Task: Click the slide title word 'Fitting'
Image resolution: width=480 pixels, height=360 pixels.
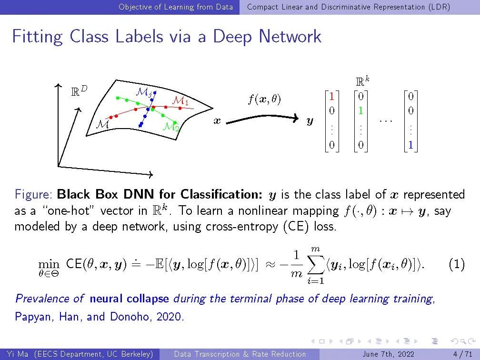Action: (37, 37)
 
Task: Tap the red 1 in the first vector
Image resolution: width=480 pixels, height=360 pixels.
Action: (332, 97)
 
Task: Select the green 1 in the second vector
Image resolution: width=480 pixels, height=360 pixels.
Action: (361, 110)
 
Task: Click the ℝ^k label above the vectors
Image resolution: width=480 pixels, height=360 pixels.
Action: (362, 81)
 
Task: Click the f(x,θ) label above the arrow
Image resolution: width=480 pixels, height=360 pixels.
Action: (265, 100)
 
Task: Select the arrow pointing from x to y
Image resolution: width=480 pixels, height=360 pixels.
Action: (262, 119)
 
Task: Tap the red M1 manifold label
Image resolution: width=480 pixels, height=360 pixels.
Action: (180, 101)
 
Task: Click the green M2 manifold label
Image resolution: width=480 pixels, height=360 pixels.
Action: (170, 127)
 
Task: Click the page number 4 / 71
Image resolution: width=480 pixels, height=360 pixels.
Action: (462, 354)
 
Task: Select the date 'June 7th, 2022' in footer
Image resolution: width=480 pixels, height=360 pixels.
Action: (389, 354)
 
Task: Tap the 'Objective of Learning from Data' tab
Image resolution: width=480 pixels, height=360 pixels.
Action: (176, 7)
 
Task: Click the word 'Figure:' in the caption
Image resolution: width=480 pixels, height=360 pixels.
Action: (34, 194)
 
